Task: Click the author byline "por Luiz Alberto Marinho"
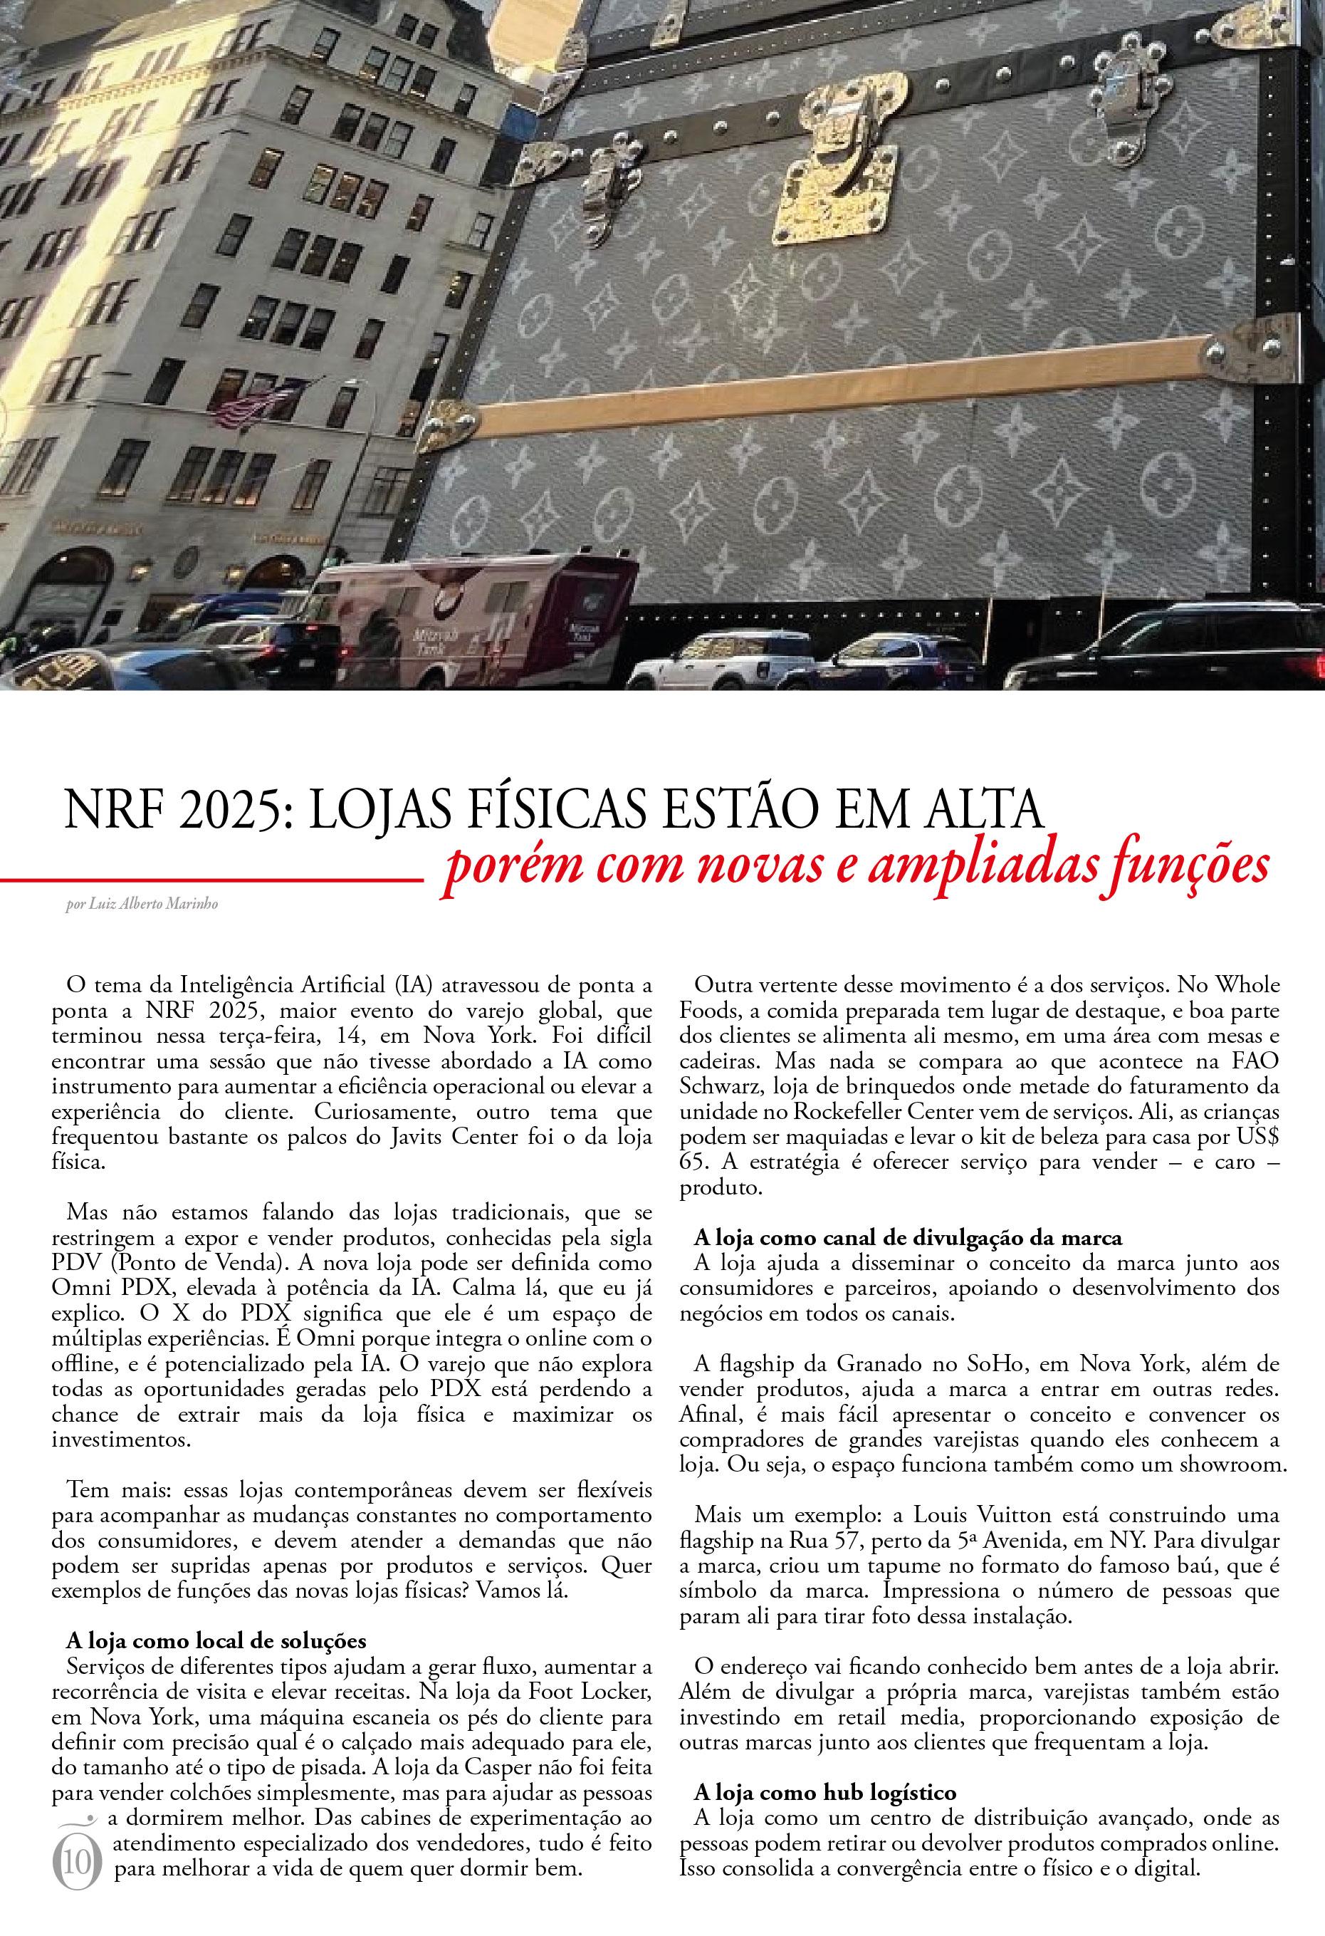click(142, 904)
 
